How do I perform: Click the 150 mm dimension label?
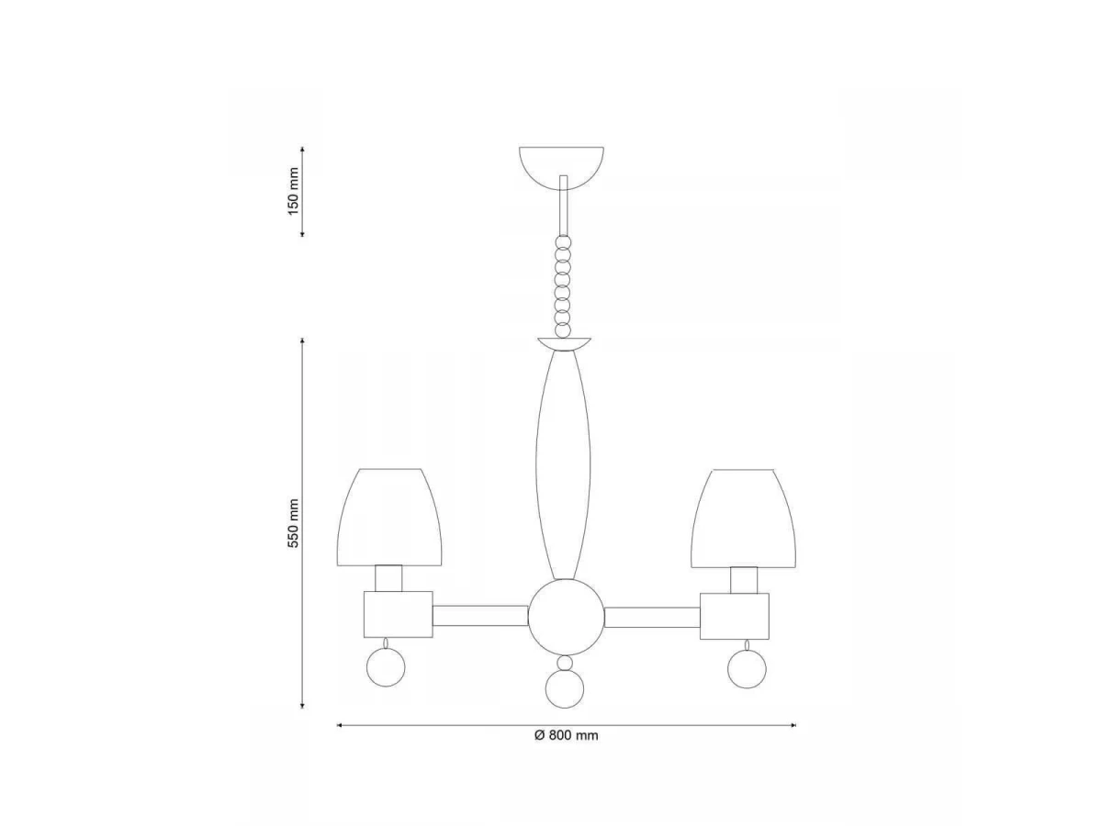(x=293, y=191)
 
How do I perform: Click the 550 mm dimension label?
(x=293, y=523)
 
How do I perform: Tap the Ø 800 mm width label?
(x=566, y=735)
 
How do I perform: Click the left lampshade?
(x=389, y=518)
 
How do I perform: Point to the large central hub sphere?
(x=566, y=618)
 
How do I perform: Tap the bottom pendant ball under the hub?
(x=565, y=689)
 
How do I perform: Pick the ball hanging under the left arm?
(x=386, y=667)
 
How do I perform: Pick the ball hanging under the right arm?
(x=747, y=670)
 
